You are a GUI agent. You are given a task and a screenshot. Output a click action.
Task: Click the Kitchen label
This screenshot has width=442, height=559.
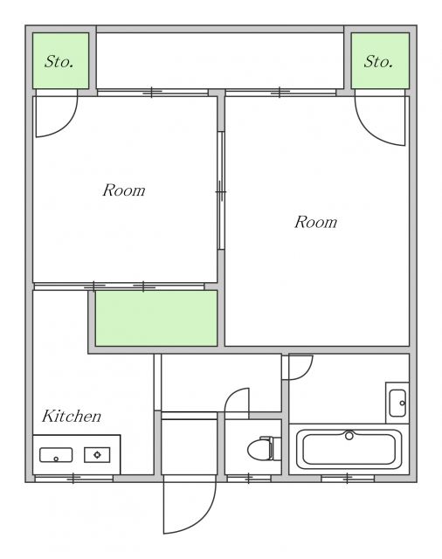(x=72, y=416)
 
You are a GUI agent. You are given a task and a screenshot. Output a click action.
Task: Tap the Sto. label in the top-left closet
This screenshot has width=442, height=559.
(x=59, y=62)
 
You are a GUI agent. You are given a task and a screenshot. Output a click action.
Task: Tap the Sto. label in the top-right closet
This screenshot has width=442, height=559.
(x=378, y=62)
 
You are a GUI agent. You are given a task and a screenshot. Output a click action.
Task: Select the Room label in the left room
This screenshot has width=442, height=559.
(x=124, y=190)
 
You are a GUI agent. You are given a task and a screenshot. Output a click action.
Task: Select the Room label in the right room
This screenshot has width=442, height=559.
(x=316, y=222)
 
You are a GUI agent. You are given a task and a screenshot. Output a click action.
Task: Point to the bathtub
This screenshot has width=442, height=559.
(x=349, y=449)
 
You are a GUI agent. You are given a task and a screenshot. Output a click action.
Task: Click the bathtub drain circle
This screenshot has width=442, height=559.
(x=349, y=435)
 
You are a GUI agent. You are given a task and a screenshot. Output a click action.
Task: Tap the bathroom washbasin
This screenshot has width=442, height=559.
(x=397, y=404)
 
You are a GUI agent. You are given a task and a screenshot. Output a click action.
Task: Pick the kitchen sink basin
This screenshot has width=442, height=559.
(x=56, y=455)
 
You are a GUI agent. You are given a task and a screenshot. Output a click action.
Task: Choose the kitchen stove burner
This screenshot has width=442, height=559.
(x=97, y=455)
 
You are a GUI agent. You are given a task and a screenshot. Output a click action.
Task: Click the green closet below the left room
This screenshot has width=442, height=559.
(x=156, y=318)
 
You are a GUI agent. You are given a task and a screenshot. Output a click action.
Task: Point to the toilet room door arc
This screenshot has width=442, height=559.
(x=231, y=395)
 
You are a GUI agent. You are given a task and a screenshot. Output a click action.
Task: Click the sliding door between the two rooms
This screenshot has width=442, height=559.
(x=221, y=190)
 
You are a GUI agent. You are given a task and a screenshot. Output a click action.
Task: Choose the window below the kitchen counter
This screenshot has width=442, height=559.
(x=73, y=479)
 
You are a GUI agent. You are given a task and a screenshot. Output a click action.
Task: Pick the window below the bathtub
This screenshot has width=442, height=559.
(x=348, y=479)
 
